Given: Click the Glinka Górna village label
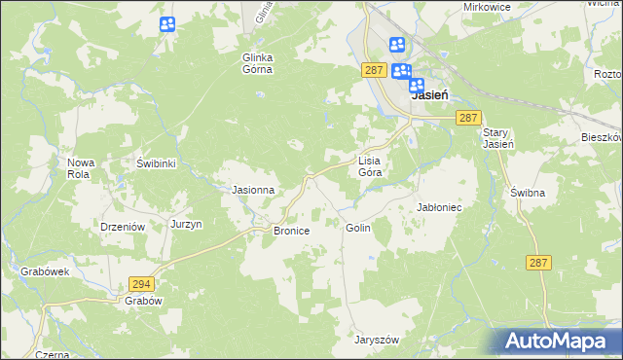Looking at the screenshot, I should tap(257, 63).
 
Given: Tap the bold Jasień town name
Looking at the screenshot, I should tap(429, 96).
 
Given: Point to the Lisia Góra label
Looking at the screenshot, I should tap(368, 165).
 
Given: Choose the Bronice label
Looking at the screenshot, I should tap(291, 231).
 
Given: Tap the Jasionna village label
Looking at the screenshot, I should tap(252, 190).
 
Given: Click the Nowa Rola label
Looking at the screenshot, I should tap(79, 168).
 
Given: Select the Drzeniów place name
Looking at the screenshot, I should tap(123, 226).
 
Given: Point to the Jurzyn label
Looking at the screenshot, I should tap(186, 224).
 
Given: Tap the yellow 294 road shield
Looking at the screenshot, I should tap(141, 283).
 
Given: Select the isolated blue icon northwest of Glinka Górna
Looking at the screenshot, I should tap(167, 24).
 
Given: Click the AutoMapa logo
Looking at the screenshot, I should tap(559, 341).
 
